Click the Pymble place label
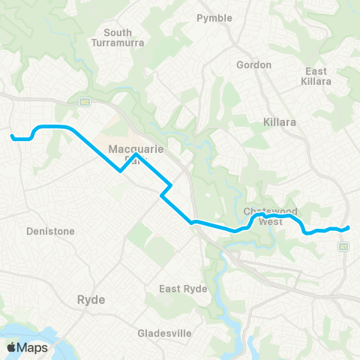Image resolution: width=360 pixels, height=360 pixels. point(214,18)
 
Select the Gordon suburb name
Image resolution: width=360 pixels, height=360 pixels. point(253,65)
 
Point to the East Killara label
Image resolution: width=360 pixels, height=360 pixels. point(315,76)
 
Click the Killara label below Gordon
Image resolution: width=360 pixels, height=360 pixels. point(280,121)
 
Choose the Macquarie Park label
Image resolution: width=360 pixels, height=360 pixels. point(136,154)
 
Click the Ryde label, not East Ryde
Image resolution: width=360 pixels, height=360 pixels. point(91,299)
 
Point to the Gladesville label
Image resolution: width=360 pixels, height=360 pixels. point(166,333)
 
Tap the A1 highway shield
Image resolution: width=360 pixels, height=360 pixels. point(343,246)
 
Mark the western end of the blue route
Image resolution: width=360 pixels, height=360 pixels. point(12,136)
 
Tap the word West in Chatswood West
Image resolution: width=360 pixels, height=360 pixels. point(270,222)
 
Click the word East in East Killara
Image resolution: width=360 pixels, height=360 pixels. point(315,71)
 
